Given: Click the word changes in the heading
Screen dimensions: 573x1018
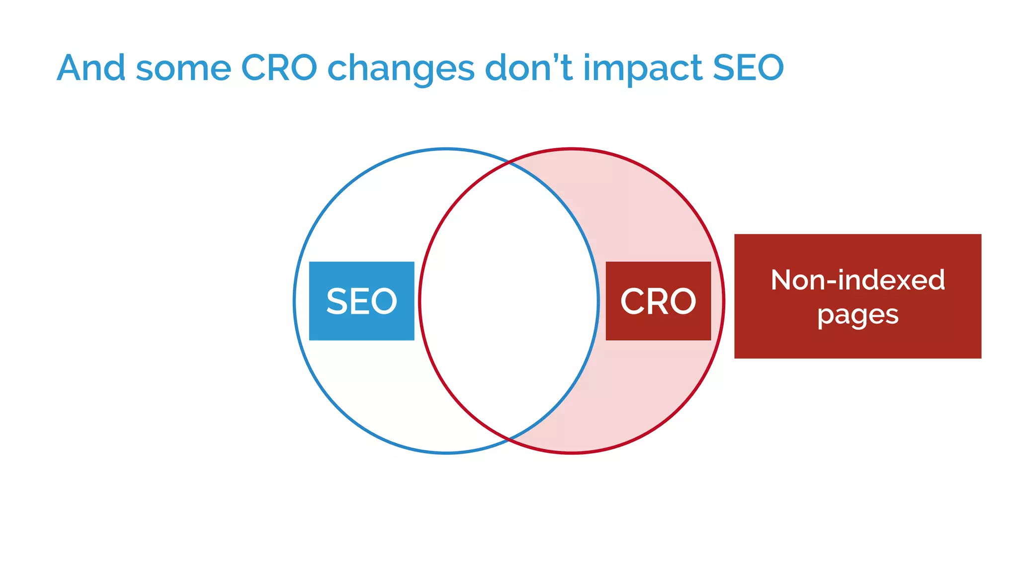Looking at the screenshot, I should pyautogui.click(x=401, y=70).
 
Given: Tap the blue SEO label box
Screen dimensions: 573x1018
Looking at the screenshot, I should pyautogui.click(x=361, y=301).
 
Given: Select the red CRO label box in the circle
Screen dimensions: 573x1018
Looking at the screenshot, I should pyautogui.click(x=658, y=301).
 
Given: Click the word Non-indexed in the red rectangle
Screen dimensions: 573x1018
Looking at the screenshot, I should pyautogui.click(x=857, y=280).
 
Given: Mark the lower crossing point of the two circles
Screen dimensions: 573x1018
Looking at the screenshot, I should pyautogui.click(x=509, y=440).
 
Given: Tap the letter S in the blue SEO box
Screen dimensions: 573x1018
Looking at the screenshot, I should pyautogui.click(x=337, y=301).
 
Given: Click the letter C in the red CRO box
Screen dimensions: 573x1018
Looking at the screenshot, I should pyautogui.click(x=632, y=301).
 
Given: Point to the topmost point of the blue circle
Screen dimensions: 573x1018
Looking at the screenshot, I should pyautogui.click(x=446, y=149).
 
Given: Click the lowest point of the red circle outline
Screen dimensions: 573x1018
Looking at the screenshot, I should pyautogui.click(x=572, y=453).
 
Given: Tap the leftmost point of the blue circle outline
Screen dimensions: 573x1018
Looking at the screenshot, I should pyautogui.click(x=294, y=301).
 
